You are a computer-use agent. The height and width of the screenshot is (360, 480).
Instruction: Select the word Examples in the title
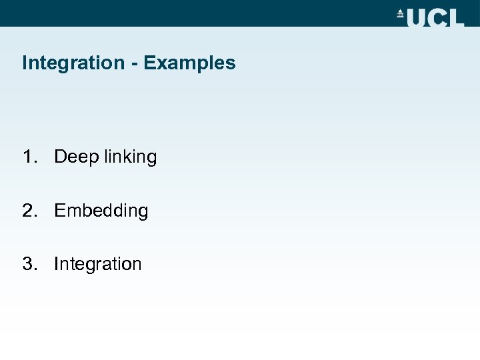(x=189, y=63)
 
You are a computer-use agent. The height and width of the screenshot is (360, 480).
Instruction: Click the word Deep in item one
(x=75, y=157)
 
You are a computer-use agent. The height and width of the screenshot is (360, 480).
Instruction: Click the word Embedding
(x=101, y=211)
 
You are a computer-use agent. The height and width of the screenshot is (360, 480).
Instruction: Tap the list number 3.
(x=28, y=263)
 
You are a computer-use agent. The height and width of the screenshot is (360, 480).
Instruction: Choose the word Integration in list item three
(x=98, y=264)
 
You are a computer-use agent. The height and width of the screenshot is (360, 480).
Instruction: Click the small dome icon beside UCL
(x=401, y=15)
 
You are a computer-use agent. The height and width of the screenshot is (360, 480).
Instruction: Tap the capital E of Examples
(x=149, y=63)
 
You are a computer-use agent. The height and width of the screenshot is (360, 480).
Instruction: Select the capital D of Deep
(x=61, y=157)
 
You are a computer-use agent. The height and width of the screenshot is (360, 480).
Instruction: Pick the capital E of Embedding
(x=59, y=210)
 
